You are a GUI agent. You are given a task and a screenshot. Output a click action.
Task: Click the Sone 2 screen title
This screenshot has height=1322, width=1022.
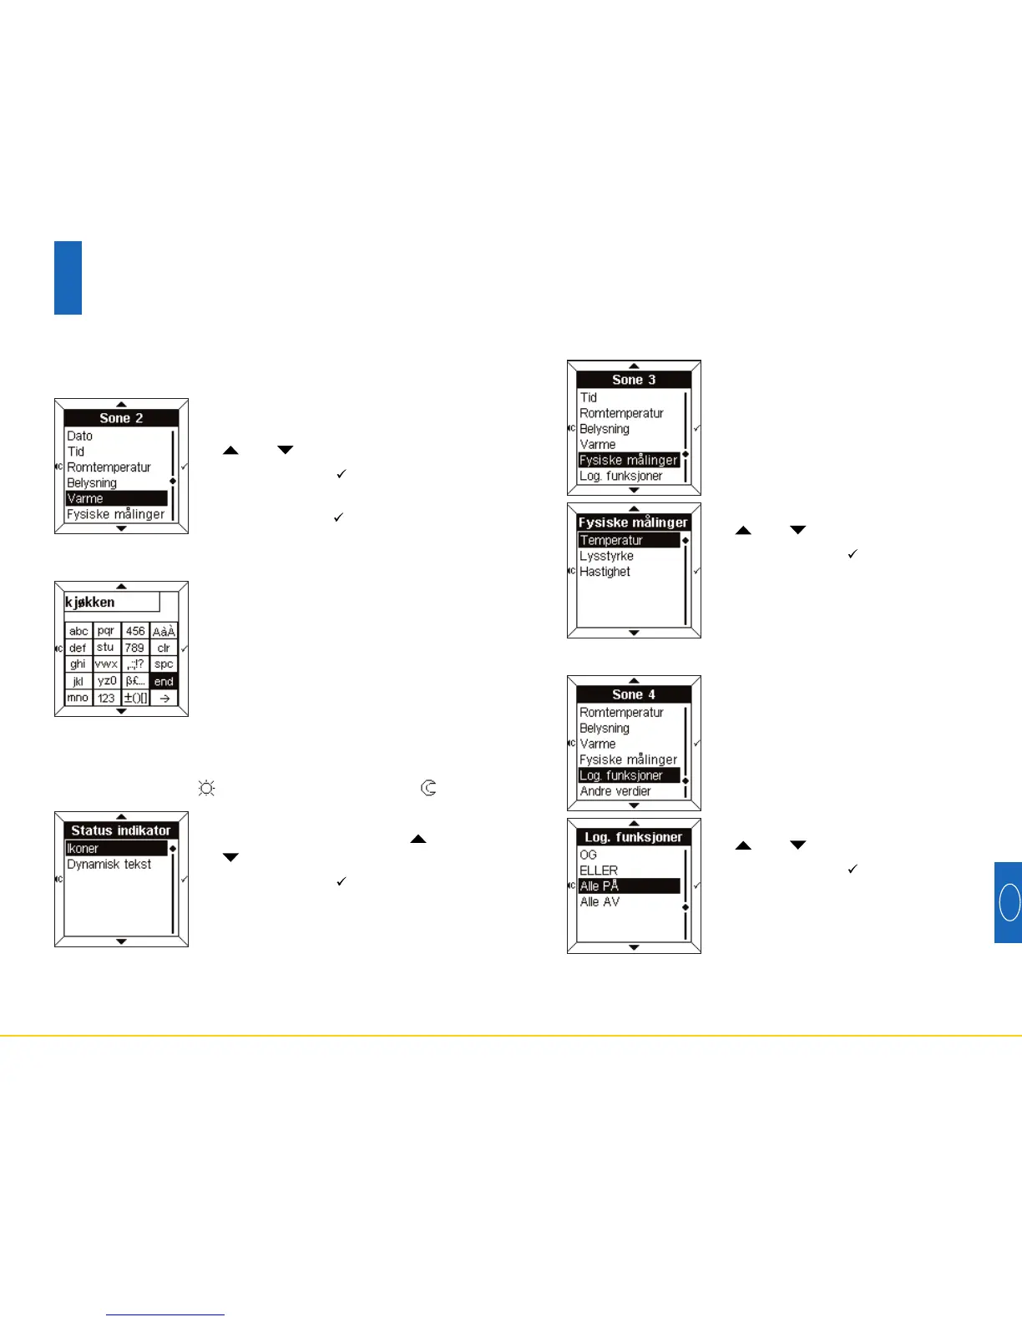coord(121,418)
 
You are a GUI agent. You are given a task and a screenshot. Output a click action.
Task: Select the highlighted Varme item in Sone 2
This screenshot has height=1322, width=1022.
coord(116,498)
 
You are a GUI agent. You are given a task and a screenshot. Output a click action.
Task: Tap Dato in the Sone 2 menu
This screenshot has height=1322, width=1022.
coord(80,436)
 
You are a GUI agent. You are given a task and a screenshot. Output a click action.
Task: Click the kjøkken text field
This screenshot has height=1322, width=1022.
coord(112,603)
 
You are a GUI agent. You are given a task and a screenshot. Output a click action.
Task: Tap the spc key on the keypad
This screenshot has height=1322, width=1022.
coord(164,664)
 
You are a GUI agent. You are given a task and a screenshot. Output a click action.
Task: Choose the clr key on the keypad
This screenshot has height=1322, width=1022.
coord(164,648)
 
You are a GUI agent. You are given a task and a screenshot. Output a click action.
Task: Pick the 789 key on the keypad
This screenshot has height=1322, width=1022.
coord(134,648)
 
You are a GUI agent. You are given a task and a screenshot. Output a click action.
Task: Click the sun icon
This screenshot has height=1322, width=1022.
coord(206,788)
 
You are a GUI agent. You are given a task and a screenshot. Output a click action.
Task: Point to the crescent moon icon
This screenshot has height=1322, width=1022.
coord(429,787)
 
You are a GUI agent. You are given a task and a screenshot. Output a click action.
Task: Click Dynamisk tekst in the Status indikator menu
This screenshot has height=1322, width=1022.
coord(109,865)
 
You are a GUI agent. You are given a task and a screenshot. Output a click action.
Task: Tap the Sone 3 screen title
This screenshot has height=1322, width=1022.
coord(634,380)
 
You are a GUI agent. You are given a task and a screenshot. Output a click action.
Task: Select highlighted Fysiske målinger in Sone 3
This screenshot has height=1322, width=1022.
coord(629,460)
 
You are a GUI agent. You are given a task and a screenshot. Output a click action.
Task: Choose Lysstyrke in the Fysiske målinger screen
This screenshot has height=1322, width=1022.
coord(607,556)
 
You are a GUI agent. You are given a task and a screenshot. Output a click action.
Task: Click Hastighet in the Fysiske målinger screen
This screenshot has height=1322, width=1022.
coord(605,572)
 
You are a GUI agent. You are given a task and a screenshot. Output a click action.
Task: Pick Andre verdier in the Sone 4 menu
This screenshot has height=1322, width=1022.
coord(615,791)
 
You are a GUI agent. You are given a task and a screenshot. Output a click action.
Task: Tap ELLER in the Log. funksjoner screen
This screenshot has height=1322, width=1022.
coord(599,870)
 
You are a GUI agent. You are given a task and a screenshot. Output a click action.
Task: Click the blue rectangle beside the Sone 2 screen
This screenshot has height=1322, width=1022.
coord(68,278)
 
